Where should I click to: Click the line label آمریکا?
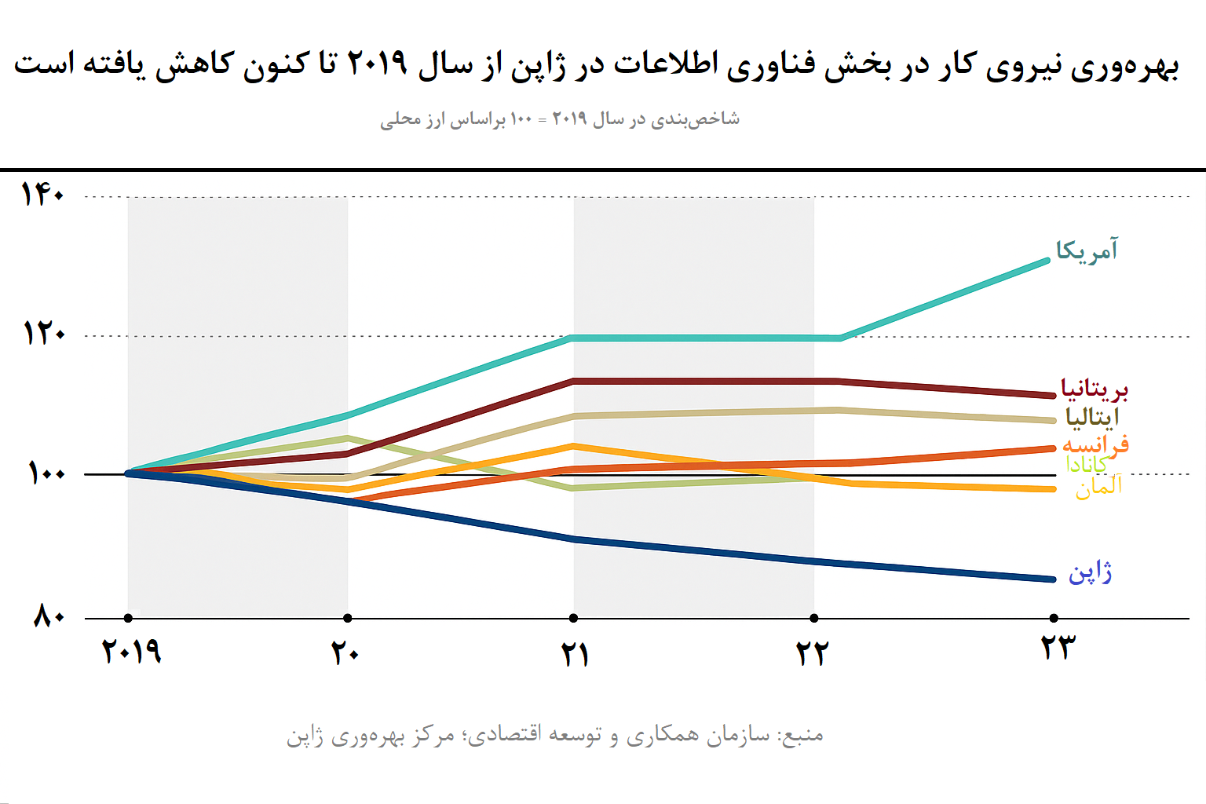pos(1087,250)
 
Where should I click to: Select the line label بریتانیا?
pos(1094,389)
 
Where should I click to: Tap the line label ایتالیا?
pos(1092,417)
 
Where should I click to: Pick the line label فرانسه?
pos(1095,444)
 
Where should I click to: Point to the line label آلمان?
pos(1098,487)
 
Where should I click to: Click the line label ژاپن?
pos(1090,572)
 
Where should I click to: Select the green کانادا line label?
pos(1087,465)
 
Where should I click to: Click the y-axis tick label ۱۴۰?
pos(42,194)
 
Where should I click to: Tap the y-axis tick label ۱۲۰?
pos(44,334)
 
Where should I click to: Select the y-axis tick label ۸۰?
pos(49,616)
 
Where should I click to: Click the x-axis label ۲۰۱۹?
pos(132,651)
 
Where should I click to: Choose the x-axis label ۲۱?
pos(575,653)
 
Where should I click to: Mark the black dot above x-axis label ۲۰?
pos(348,618)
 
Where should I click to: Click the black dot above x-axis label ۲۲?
pos(814,618)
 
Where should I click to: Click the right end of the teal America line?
pos(1047,261)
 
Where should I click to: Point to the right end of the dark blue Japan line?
pos(1052,579)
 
